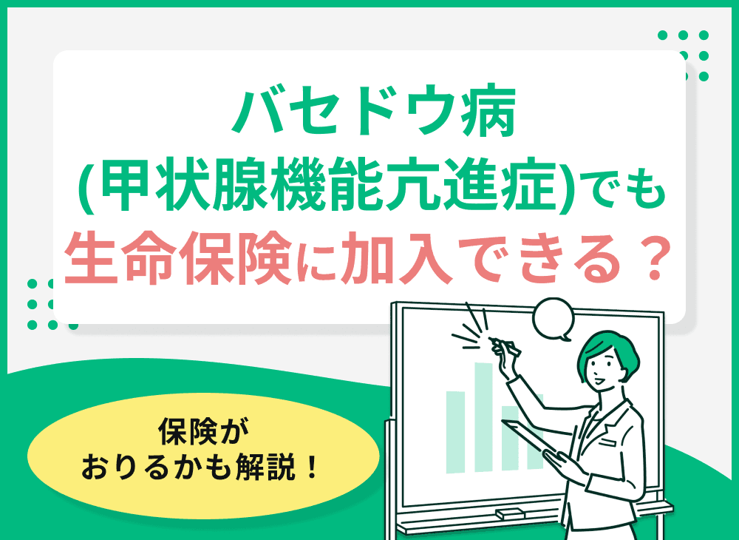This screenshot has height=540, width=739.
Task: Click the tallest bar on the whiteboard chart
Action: [x=483, y=414]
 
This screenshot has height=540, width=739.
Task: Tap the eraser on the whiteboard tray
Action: [x=509, y=513]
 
